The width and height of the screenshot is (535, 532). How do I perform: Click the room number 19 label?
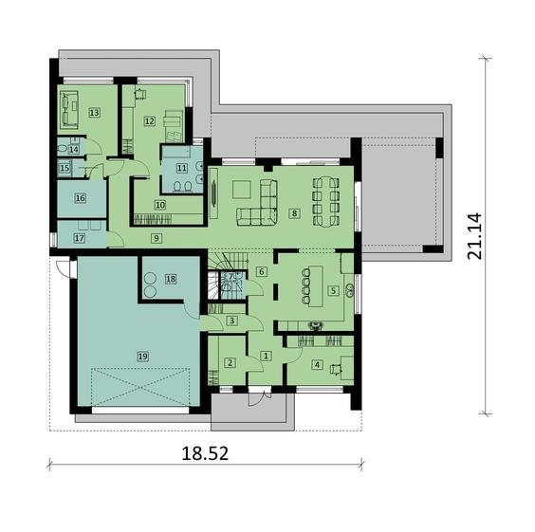click(x=143, y=357)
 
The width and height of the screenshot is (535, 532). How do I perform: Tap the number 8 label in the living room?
click(x=294, y=213)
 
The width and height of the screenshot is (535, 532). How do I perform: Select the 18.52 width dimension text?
click(x=205, y=454)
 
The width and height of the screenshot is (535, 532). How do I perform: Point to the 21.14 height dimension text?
click(x=475, y=236)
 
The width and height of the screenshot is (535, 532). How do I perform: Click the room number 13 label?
click(x=94, y=112)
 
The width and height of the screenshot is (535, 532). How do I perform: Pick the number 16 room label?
click(x=81, y=198)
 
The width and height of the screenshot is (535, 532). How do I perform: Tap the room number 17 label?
click(x=80, y=238)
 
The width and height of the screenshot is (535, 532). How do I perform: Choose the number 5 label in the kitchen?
click(x=333, y=290)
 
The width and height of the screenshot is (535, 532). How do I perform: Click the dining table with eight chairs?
click(x=326, y=200)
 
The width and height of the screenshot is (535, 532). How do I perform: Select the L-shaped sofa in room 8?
click(x=259, y=209)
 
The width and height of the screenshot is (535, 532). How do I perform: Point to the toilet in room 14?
click(x=64, y=148)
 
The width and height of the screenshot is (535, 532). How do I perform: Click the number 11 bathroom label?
click(x=182, y=168)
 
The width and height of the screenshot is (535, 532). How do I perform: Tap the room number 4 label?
click(x=318, y=365)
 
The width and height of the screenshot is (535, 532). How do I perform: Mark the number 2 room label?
click(x=230, y=363)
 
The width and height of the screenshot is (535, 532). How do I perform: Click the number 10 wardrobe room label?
click(x=160, y=205)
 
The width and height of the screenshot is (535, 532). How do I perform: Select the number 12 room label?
click(x=150, y=121)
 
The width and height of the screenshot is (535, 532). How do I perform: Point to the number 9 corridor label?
click(x=157, y=238)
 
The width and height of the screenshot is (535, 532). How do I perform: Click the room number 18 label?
click(x=171, y=279)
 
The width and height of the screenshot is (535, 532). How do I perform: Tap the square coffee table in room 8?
click(x=242, y=189)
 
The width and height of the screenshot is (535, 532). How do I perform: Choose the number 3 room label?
click(x=232, y=321)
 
